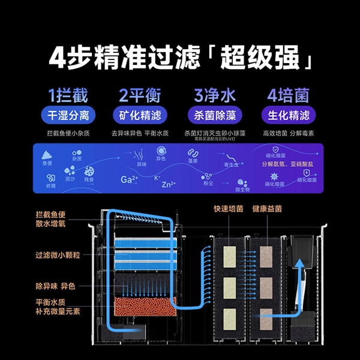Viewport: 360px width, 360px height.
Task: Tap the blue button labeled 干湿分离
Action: [67, 115]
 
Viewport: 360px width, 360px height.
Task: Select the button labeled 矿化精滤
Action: [140, 115]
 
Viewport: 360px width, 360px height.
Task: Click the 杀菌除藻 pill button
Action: [214, 115]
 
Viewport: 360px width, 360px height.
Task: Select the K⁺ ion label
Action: [157, 177]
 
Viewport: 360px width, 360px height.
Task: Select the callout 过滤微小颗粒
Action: [58, 254]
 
